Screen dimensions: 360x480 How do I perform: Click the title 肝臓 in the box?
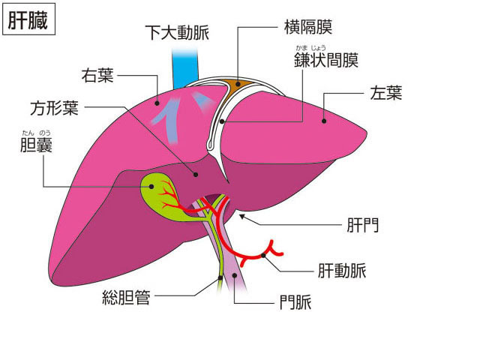pos(28,20)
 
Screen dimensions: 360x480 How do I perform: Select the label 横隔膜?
pos(307,28)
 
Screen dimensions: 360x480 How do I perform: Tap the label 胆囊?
pos(37,145)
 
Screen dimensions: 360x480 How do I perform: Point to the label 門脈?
pos(295,303)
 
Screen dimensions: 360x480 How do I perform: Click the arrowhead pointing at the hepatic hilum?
pos(242,216)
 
